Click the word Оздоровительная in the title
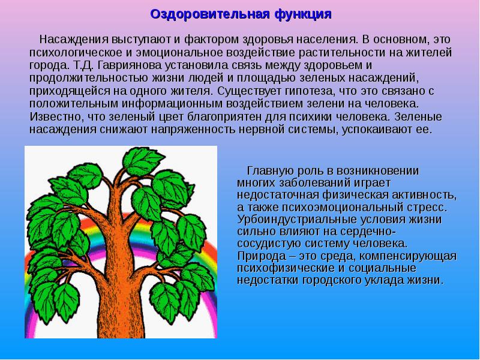pos(193,13)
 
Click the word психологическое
pos(70,52)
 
